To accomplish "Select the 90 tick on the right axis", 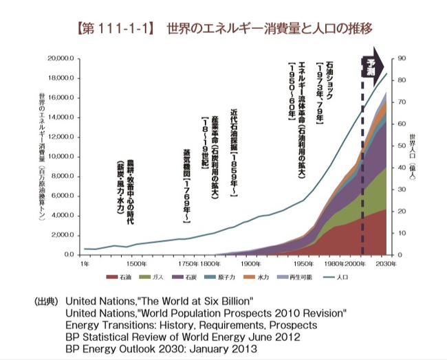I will (x=401, y=59).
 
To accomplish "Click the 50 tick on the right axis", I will (x=401, y=146).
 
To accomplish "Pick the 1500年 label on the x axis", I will (x=136, y=264).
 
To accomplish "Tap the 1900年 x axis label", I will (x=249, y=264).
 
